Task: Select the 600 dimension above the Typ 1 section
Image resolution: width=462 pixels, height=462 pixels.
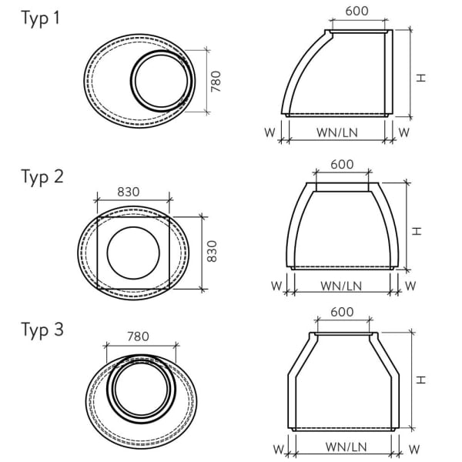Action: (357, 12)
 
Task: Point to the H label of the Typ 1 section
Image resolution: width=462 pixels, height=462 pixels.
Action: (419, 77)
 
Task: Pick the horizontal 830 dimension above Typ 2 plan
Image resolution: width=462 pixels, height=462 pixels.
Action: (128, 192)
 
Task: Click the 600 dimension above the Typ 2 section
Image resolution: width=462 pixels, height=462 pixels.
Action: (342, 164)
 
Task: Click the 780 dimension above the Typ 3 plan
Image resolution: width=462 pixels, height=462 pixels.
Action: (136, 336)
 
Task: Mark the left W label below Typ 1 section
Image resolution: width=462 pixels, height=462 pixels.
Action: (269, 132)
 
